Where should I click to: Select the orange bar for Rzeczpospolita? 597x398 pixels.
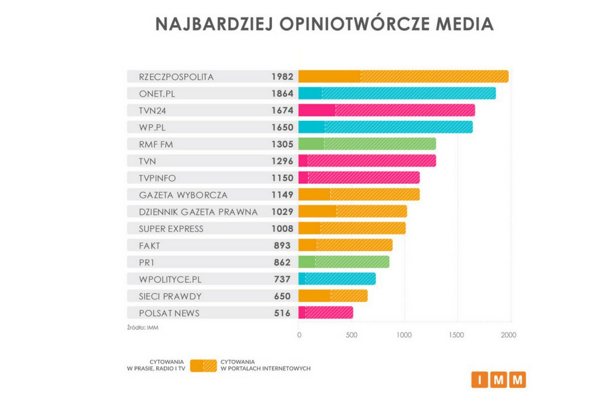[x=403, y=76]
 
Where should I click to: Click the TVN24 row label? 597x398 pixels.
[x=153, y=110]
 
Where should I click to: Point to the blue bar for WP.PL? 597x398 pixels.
[x=385, y=127]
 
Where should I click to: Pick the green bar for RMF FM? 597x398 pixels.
[x=367, y=144]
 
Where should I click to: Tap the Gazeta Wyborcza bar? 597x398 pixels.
[x=359, y=195]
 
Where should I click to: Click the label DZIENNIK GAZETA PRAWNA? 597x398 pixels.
[x=198, y=212]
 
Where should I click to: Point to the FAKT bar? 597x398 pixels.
[x=345, y=246]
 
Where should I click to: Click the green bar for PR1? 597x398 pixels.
[x=343, y=263]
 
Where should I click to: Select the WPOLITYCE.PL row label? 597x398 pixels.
[x=170, y=280]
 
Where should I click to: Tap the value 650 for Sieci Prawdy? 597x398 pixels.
[x=282, y=296]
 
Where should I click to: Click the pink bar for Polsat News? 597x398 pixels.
[x=325, y=313]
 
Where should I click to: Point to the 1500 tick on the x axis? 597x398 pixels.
[x=458, y=336]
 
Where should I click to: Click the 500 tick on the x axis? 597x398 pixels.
[x=351, y=336]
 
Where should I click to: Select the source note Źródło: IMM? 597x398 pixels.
[x=143, y=328]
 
